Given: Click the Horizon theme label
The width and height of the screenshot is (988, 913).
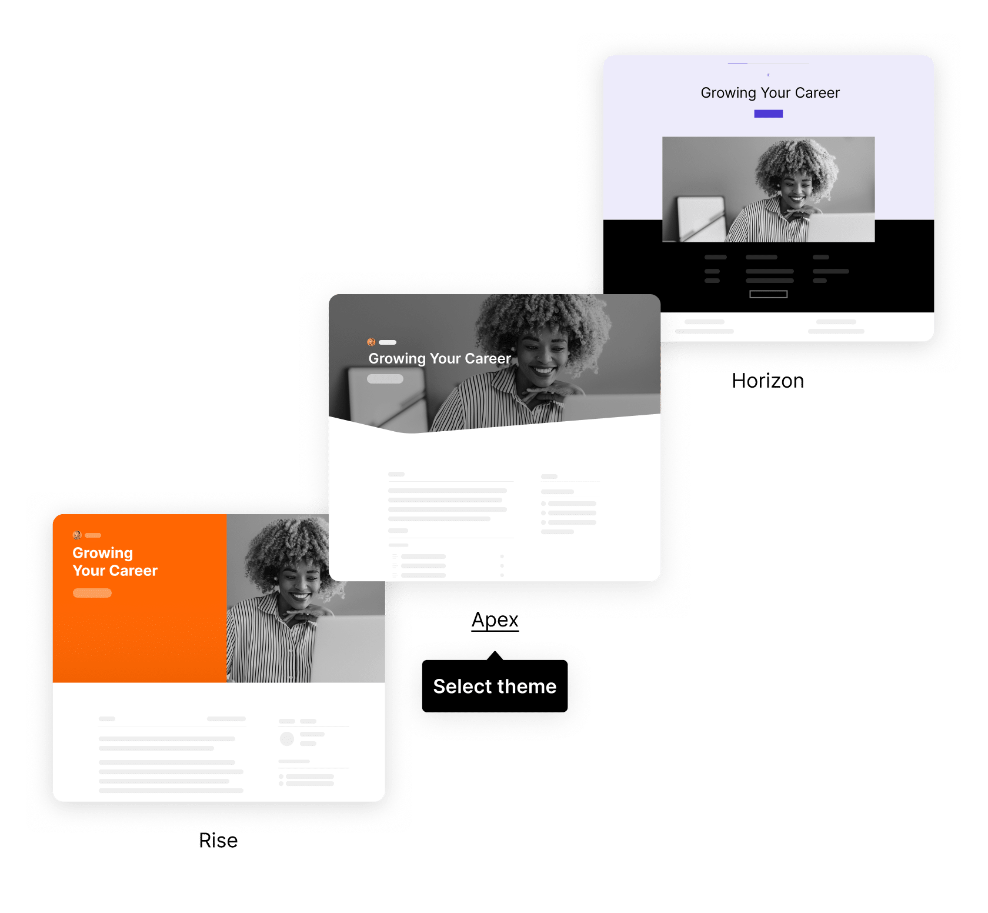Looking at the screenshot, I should (767, 381).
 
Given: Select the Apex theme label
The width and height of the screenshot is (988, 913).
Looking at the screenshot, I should (495, 620).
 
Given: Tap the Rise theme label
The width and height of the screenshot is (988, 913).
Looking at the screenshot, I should (218, 840).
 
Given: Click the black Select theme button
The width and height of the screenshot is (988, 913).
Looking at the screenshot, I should (495, 686).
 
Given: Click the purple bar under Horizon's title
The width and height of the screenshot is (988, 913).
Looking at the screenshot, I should (768, 114).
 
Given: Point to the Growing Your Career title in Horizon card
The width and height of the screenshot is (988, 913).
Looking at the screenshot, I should (770, 93).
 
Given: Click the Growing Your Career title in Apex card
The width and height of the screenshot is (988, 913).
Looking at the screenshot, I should (439, 359).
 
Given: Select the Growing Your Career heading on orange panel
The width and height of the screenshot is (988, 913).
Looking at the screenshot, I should (115, 562).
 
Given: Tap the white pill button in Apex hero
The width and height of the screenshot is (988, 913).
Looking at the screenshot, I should (385, 379).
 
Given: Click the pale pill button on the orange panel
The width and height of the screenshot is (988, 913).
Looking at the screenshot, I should (92, 593).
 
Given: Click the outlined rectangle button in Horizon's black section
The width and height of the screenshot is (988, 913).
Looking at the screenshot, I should (768, 294).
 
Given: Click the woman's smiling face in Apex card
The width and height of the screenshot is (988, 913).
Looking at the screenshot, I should (541, 353).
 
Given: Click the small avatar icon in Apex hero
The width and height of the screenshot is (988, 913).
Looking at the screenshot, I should (371, 342).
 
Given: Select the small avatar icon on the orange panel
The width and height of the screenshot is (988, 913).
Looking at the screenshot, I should (76, 535).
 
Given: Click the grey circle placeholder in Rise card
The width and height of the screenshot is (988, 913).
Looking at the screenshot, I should (287, 739).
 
